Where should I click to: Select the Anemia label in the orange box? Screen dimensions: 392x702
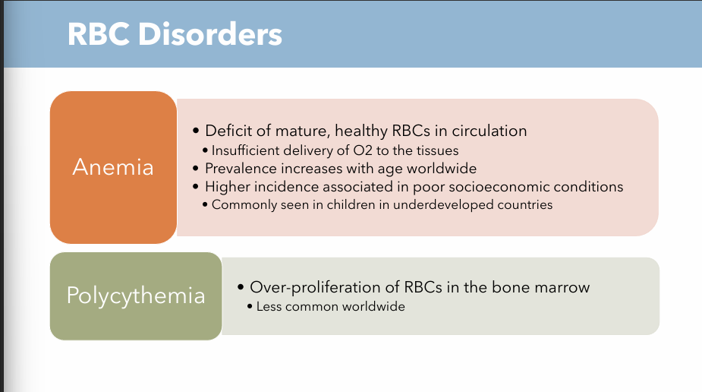click(113, 167)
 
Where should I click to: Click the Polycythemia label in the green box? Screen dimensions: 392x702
click(136, 296)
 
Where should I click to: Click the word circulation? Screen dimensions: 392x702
click(490, 131)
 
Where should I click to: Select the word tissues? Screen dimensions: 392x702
click(439, 150)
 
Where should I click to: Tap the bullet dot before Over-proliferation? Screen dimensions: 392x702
click(241, 288)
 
